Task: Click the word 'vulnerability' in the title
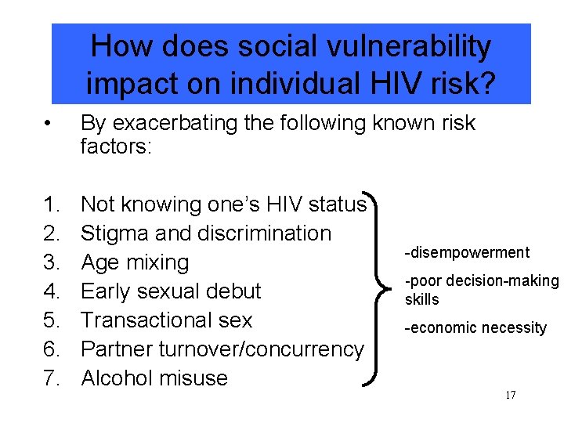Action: click(399, 47)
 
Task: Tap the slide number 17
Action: click(510, 395)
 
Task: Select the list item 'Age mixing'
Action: click(135, 262)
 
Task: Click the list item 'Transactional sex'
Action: click(166, 320)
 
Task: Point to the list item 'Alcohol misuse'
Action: click(154, 378)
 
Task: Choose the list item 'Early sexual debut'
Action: click(170, 291)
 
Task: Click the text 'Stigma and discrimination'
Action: click(206, 233)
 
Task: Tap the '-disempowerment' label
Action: click(467, 252)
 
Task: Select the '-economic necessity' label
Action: click(475, 328)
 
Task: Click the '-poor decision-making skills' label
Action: click(481, 290)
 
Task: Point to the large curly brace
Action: click(384, 291)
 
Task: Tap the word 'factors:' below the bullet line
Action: click(116, 146)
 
